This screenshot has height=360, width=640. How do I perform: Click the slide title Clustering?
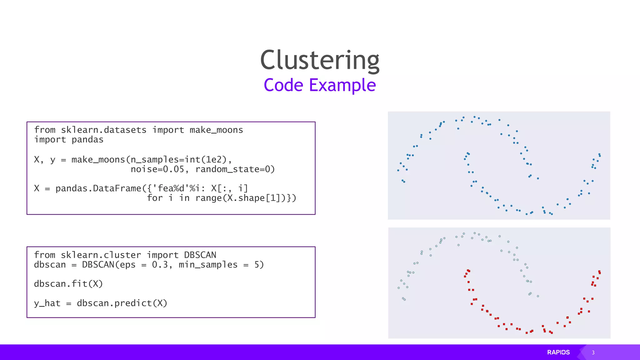320,60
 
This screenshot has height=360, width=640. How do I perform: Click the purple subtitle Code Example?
320,85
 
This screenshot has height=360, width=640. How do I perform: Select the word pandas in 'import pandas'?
87,140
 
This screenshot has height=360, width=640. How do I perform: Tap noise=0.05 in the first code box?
157,169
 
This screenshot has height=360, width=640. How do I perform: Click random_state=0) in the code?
235,169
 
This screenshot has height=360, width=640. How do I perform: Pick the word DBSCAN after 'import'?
200,255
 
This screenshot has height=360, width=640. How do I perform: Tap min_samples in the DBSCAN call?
208,265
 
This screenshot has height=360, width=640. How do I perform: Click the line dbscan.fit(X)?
68,284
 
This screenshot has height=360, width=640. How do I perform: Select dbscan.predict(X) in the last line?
122,303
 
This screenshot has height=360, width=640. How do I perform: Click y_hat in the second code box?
47,303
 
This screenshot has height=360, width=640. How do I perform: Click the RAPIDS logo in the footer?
558,352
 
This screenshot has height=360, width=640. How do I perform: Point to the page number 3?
593,352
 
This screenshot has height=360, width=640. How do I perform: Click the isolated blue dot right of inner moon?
538,178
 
